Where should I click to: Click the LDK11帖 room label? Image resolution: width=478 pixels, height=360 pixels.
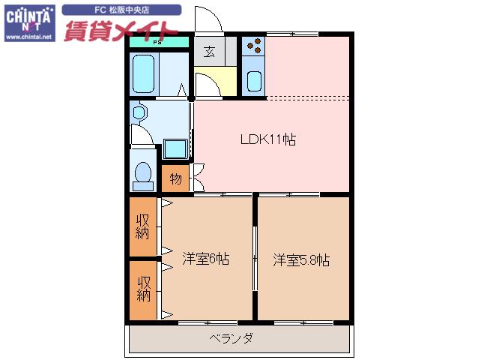pos(268,139)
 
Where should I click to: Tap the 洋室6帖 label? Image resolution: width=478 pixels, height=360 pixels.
pos(206,259)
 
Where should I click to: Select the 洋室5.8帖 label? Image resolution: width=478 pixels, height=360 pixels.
pos(301,260)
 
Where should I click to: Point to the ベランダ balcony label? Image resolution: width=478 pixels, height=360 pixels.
pos(231,338)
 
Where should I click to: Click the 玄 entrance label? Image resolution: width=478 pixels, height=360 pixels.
pos(209,52)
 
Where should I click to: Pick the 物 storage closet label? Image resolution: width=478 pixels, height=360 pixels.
pos(175,178)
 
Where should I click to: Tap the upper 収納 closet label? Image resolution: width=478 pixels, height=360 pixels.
pos(142,226)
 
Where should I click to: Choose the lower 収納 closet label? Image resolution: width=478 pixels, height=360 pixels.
pos(144,289)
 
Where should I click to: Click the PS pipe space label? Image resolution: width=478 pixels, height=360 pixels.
pos(157,43)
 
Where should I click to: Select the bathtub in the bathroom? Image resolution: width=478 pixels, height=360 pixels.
pos(143,73)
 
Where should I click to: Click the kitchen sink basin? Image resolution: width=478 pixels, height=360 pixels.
pos(254,82)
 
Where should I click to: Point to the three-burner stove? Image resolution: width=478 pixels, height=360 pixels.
pos(254,46)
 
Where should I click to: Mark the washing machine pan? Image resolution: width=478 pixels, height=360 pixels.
pos(175,149)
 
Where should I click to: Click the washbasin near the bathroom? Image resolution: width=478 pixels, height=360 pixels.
pos(139,112)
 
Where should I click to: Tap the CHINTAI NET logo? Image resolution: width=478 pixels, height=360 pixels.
pos(29,23)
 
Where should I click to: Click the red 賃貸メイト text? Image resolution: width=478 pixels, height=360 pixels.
pos(121,31)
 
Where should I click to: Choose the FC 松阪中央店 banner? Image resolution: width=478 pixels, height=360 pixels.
pos(121,10)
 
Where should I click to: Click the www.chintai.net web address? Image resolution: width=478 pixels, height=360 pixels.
pos(29,37)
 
